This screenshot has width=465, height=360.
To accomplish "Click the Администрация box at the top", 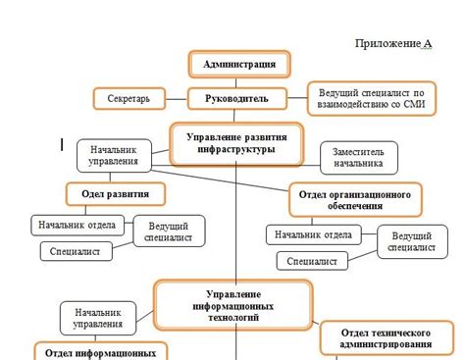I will (x=239, y=65).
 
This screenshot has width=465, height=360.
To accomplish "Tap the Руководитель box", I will (x=239, y=99).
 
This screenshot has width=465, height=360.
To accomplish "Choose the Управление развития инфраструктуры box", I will (x=237, y=144).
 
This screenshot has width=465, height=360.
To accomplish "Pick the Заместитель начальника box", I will (x=359, y=158).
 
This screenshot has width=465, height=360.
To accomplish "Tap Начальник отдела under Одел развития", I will (x=77, y=226).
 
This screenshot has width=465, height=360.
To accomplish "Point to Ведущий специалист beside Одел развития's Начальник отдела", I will (x=168, y=231).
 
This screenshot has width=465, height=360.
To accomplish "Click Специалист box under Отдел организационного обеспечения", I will (x=313, y=261).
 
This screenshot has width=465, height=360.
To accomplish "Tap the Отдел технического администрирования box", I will (x=385, y=337).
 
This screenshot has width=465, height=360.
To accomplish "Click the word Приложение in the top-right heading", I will (x=387, y=44).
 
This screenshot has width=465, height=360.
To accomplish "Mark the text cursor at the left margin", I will (x=62, y=145).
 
